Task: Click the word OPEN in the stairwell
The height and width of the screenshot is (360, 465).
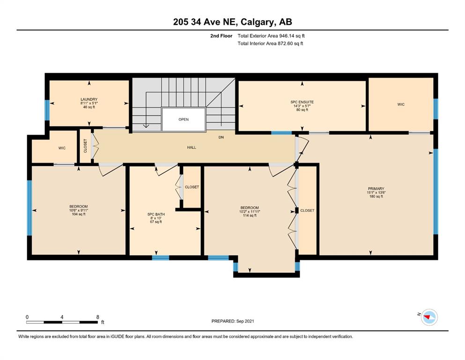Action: coord(184,120)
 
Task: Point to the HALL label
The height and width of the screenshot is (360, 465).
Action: coord(192,147)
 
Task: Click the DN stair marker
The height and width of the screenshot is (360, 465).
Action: coord(221,137)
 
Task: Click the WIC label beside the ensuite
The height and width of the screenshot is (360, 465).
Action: coord(401,105)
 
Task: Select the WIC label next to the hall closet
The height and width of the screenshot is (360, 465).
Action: coord(62,148)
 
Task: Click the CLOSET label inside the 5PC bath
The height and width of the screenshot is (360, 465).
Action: coord(192,187)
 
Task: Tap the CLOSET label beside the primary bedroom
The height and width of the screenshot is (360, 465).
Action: coord(307,210)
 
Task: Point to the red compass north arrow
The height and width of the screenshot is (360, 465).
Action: coord(427,317)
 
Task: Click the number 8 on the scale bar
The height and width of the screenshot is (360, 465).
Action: coord(98,317)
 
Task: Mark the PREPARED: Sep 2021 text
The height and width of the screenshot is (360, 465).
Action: coord(232,321)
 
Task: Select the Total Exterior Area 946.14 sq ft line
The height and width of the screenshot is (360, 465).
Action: coord(271,36)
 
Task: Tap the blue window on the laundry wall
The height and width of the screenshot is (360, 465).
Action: coord(47,110)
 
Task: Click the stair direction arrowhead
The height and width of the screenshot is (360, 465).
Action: coord(146,126)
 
